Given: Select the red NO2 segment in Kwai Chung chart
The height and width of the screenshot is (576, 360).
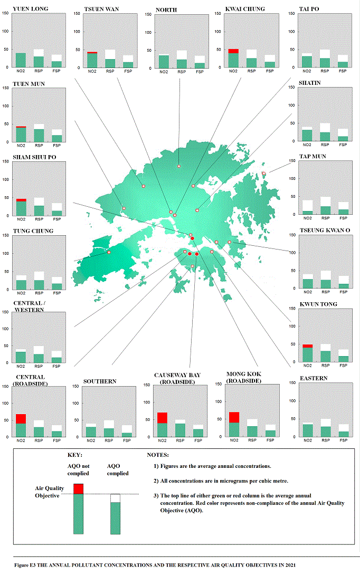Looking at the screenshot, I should (x=233, y=51).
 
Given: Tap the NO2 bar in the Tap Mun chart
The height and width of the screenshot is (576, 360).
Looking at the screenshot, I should (x=307, y=213).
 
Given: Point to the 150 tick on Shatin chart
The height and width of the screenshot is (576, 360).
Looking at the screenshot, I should (x=292, y=88).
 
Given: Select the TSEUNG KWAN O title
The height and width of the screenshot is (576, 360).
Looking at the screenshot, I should (x=325, y=231).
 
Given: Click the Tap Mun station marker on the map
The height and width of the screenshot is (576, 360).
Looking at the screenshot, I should (x=264, y=173).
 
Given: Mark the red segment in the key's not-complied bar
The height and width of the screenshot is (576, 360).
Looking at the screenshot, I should (x=78, y=488).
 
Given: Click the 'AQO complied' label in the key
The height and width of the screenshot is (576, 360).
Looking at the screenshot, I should (x=118, y=469).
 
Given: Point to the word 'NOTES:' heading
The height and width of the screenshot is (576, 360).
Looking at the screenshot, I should (x=158, y=455).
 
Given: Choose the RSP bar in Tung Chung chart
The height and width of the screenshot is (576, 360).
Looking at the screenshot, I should (x=39, y=285).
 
